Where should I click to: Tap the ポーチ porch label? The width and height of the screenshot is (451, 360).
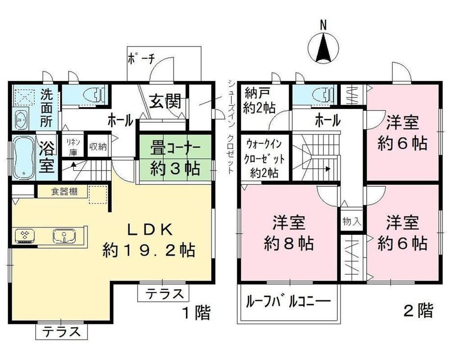pos(141,59)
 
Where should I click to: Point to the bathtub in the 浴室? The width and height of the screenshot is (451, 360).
pos(24,157)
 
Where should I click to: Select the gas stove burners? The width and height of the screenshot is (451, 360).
pos(25,235)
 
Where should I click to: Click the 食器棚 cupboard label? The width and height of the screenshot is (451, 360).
pos(64,191)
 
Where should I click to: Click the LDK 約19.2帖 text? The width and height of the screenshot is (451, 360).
pos(149,240)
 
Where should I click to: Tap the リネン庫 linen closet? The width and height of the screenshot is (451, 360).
pos(73,147)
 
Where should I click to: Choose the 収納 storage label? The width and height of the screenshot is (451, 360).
pos(98,147)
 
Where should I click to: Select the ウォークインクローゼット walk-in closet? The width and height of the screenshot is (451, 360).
pos(264,158)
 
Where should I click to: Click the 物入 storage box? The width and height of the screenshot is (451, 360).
pos(351,221)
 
